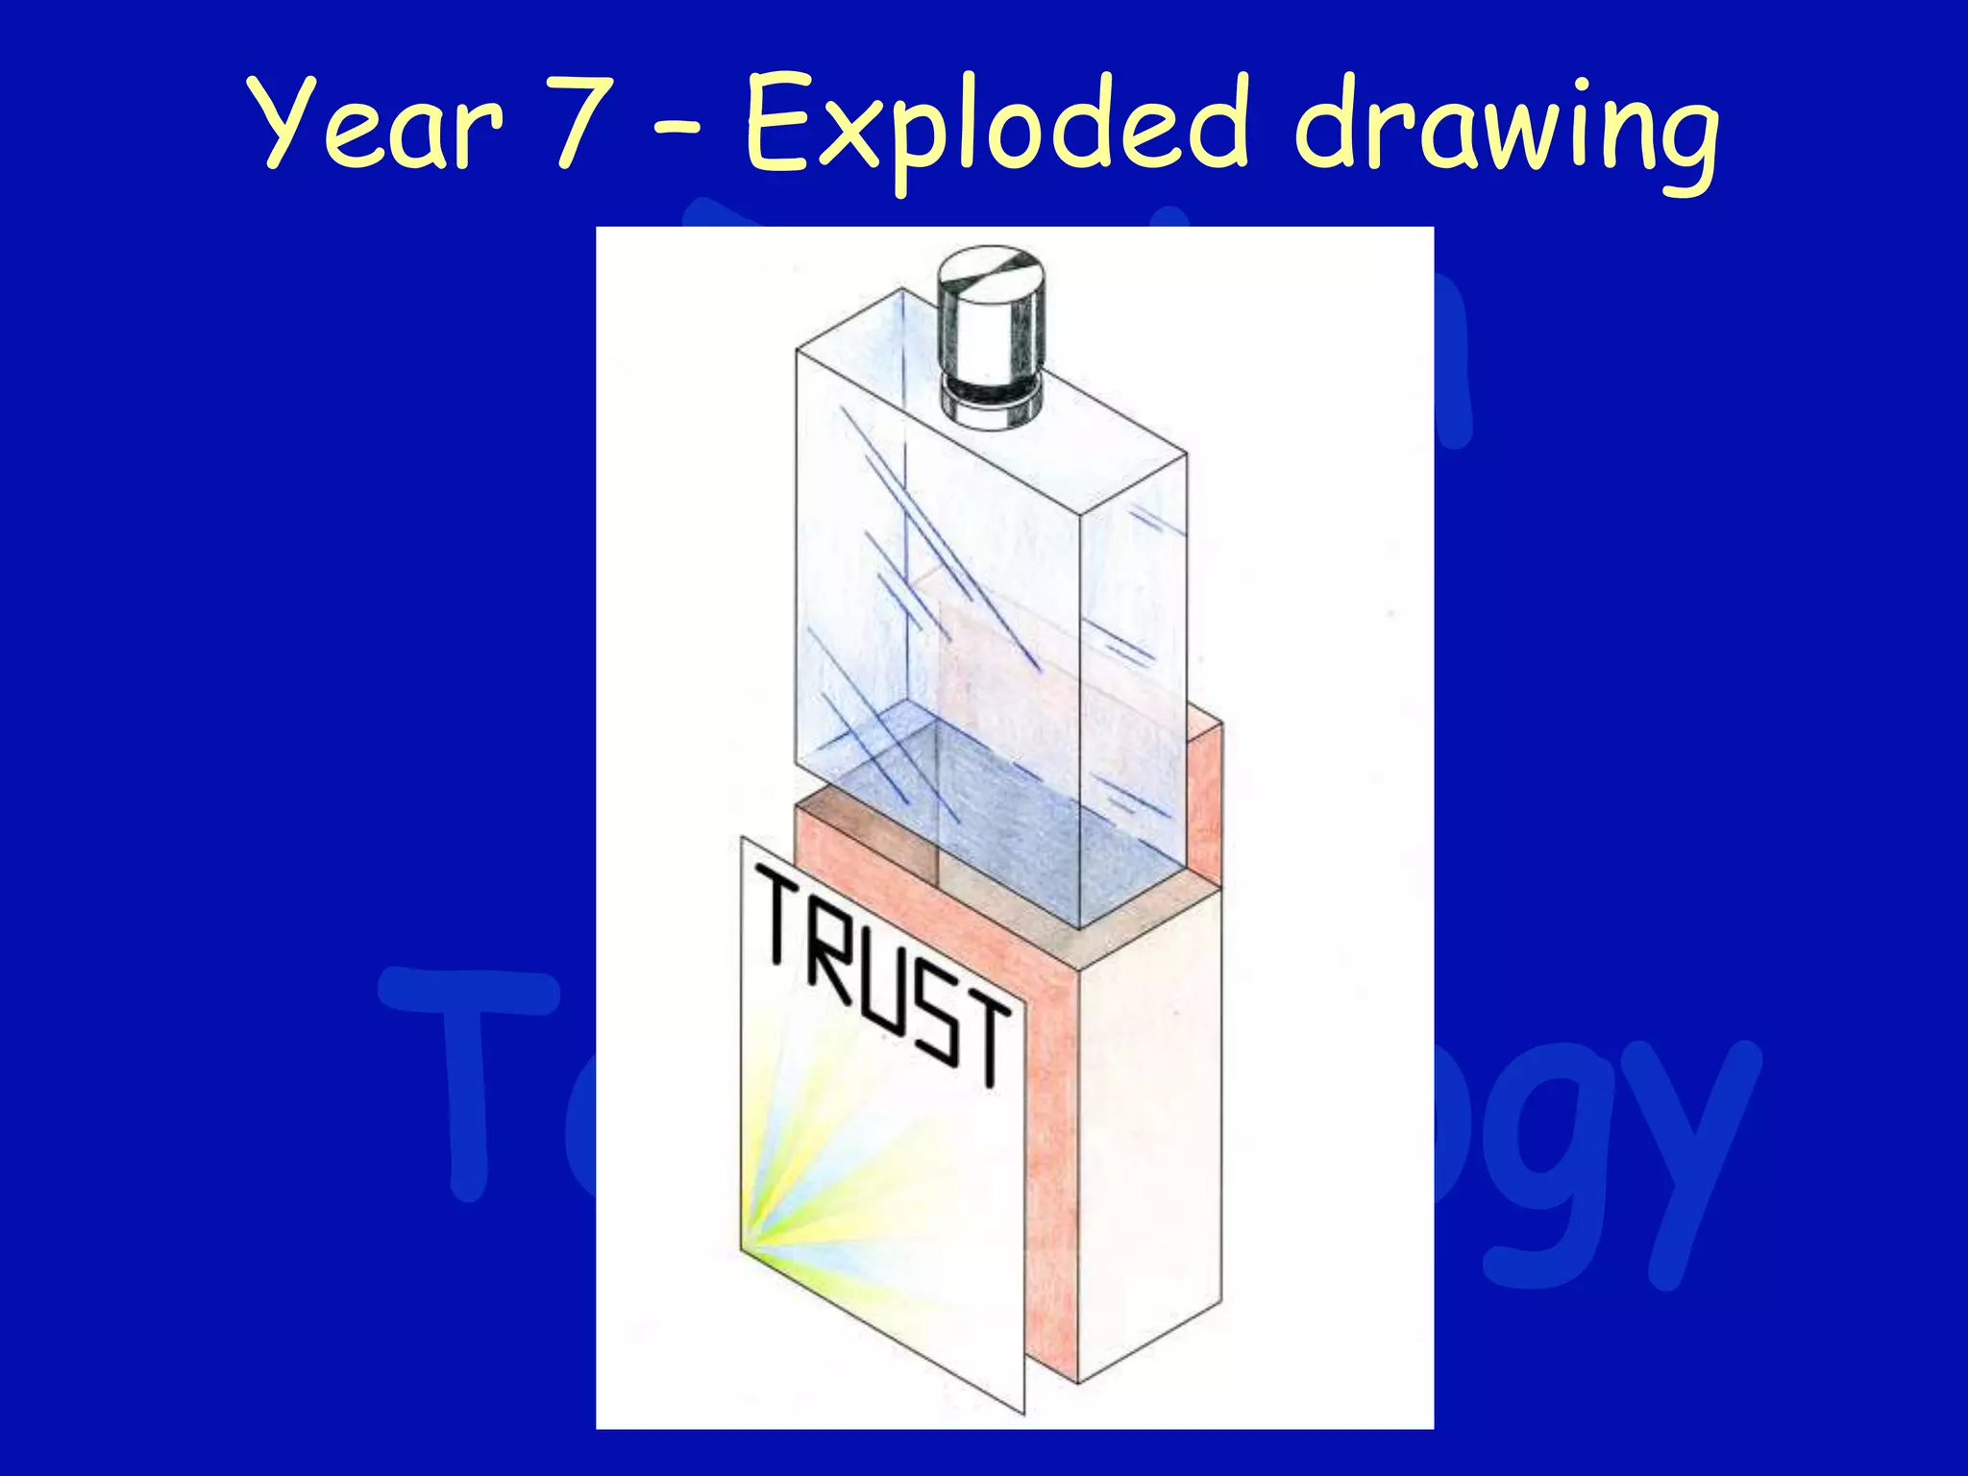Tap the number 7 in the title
click(x=583, y=125)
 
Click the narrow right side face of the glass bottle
click(x=1134, y=673)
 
